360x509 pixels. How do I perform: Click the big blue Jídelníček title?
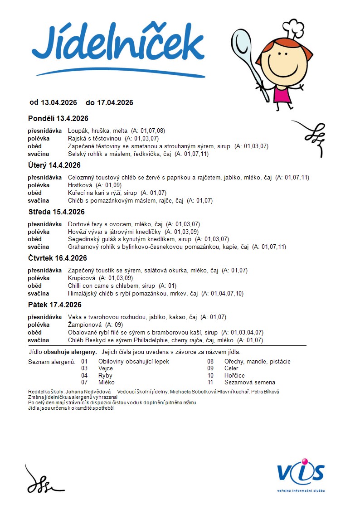coord(118,45)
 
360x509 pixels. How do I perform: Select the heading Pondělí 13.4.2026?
coord(58,119)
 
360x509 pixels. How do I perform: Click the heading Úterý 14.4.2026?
coord(54,165)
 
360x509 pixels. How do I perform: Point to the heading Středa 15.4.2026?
coord(56,212)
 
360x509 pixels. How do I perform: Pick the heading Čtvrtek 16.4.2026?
coord(58,258)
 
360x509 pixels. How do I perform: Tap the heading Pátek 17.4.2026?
coord(55,305)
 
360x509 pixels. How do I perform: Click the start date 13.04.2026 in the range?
coord(59,103)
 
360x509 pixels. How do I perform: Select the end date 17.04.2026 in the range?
coord(115,103)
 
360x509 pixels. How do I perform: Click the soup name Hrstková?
coord(80,185)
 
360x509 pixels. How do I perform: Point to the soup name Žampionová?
coord(84,325)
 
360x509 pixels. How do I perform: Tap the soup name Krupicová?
coord(81,278)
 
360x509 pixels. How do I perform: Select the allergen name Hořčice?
coord(234,375)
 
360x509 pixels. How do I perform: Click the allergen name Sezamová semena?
coord(249,382)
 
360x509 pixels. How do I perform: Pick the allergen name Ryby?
coord(105,375)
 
